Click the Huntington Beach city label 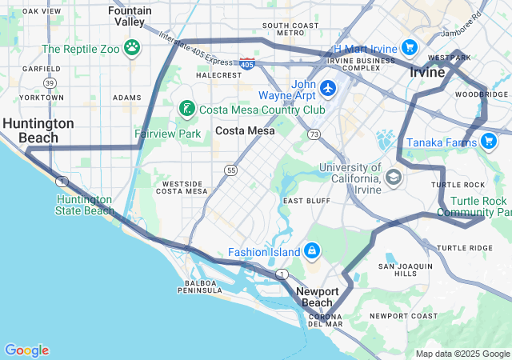coord(38,130)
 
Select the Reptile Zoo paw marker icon coord(132,48)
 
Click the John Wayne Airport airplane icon coord(327,87)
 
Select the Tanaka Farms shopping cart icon coord(488,142)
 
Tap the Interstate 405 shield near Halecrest coord(248,63)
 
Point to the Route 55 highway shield coord(230,170)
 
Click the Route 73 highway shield coord(314,134)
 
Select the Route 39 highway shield coord(50,82)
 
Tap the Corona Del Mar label coord(326,320)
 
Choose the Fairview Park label coord(167,134)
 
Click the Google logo coord(26,350)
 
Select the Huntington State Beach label coord(85,205)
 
